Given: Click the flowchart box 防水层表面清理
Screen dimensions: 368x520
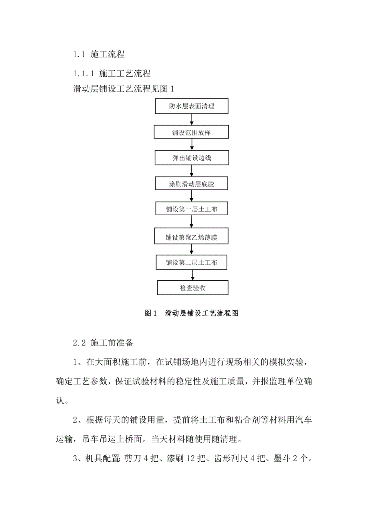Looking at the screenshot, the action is (192, 106).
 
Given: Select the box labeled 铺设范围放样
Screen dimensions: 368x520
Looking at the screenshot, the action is (192, 132).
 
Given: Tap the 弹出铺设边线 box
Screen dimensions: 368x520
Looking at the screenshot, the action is (192, 158).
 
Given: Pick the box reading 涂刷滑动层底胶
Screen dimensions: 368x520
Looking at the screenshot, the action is (192, 184).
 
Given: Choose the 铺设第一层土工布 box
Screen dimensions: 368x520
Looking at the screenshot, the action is (192, 209).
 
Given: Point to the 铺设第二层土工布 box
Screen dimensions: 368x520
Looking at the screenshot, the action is (192, 263).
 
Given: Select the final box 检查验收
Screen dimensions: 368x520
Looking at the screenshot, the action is (193, 288).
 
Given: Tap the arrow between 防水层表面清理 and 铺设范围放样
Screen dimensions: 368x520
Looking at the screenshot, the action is (192, 119).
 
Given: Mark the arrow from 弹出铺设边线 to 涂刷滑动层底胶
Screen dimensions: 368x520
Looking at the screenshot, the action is (192, 171).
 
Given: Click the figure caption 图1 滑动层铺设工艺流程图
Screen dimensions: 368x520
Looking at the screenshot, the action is (191, 314).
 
